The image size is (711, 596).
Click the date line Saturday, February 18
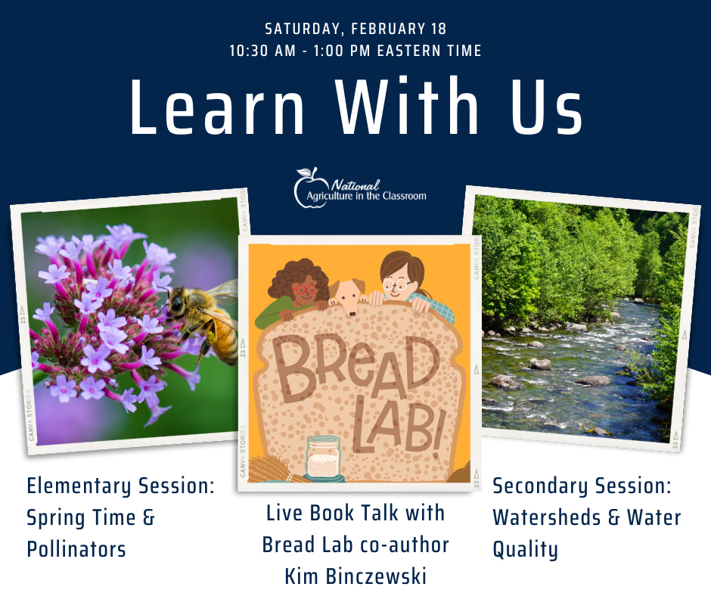coord(355,29)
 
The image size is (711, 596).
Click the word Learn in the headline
coord(217,108)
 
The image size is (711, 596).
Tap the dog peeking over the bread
coord(348,296)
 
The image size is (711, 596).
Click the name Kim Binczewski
coord(355,576)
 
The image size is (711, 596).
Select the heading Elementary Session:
coord(120,487)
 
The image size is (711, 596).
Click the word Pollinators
coord(76,548)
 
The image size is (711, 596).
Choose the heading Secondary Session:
coord(582,486)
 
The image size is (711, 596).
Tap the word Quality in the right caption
coord(525,549)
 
